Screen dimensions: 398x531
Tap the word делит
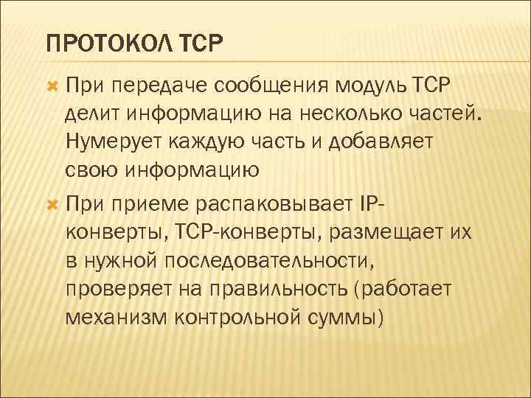[91, 114]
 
